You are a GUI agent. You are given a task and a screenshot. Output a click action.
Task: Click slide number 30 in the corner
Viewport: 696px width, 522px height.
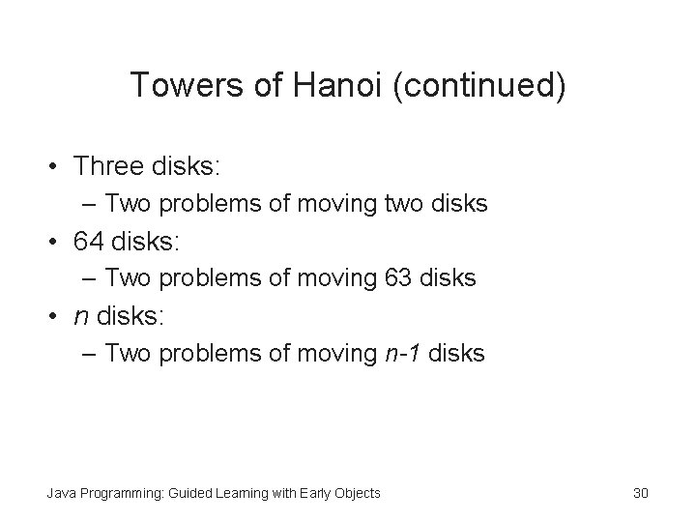[x=640, y=493]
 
